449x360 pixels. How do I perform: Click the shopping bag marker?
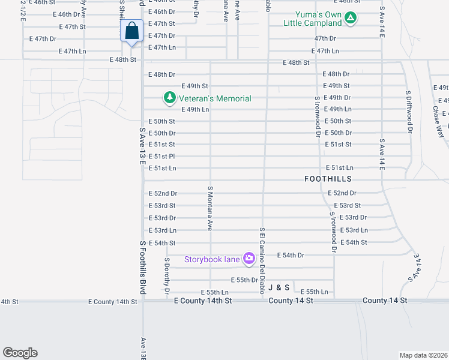[131, 31]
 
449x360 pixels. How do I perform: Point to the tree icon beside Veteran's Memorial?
[170, 97]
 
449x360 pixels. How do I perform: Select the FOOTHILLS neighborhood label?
[328, 179]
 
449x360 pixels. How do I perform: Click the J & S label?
[279, 287]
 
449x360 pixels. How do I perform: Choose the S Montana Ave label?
[210, 208]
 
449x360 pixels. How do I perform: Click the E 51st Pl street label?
[162, 156]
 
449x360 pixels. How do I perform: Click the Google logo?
[20, 353]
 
